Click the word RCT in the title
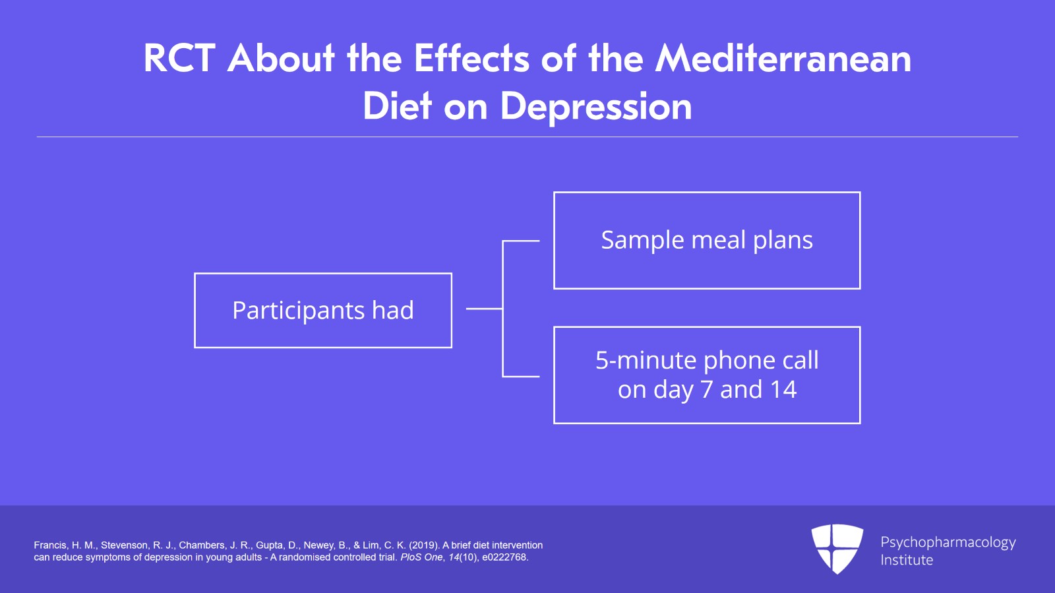179,59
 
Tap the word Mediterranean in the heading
783,59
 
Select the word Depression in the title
596,107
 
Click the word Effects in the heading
471,59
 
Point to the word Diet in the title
397,107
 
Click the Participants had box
323,310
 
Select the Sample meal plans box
707,240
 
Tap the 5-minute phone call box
707,375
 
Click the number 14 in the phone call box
783,390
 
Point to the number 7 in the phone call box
706,390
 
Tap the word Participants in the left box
299,311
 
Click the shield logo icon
837,548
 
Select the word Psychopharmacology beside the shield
948,542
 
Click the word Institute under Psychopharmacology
907,560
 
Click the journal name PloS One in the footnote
421,557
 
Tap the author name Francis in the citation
50,546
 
